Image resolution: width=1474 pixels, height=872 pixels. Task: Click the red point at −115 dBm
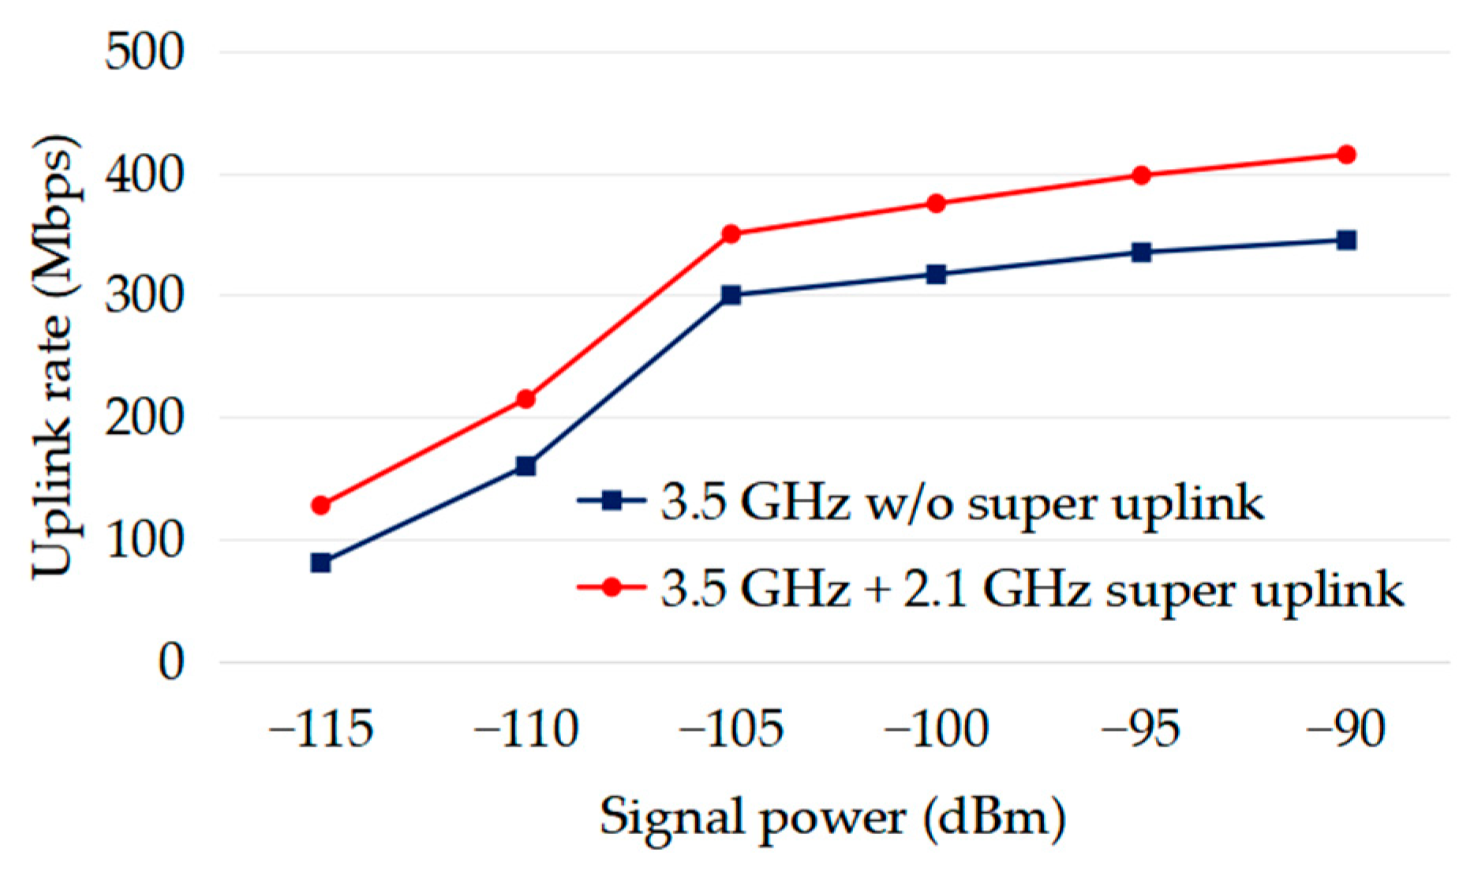point(320,505)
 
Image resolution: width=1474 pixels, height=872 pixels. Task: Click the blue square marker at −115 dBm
point(320,563)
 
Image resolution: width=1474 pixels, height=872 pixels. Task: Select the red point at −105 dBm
point(731,234)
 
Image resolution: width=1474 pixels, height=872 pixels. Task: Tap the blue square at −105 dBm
point(731,295)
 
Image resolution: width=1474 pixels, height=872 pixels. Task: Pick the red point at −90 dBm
point(1346,155)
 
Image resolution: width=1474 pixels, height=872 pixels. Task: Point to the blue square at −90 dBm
point(1346,240)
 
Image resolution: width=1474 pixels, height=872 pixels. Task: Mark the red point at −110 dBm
point(526,399)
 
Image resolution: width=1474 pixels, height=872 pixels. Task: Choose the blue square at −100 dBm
point(936,275)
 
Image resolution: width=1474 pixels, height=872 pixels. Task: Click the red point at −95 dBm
point(1141,175)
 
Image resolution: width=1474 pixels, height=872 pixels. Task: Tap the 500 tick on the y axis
point(144,53)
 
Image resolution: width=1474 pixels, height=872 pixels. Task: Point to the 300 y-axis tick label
point(144,297)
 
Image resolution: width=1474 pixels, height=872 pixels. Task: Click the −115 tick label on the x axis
point(320,729)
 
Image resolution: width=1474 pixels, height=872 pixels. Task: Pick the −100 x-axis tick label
point(936,729)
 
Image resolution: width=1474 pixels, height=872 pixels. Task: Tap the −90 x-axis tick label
point(1346,729)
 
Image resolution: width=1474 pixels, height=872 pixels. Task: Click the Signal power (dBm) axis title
point(832,818)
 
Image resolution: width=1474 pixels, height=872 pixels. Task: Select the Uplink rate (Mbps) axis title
point(55,357)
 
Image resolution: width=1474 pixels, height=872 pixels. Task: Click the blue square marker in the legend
point(612,500)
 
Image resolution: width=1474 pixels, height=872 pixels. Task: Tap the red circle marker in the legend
point(612,586)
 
